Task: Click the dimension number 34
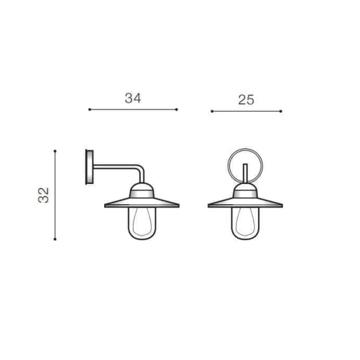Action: [x=133, y=98]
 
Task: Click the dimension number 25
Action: [x=246, y=100]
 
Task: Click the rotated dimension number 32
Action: [x=44, y=195]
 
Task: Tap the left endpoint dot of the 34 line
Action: [x=90, y=109]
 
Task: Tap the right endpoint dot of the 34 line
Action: [x=177, y=109]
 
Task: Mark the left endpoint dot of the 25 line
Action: [x=212, y=111]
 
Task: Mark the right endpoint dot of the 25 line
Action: [x=281, y=111]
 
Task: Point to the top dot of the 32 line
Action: [x=55, y=151]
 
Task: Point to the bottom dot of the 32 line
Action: [x=55, y=239]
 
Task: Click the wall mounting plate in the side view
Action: [x=89, y=167]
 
